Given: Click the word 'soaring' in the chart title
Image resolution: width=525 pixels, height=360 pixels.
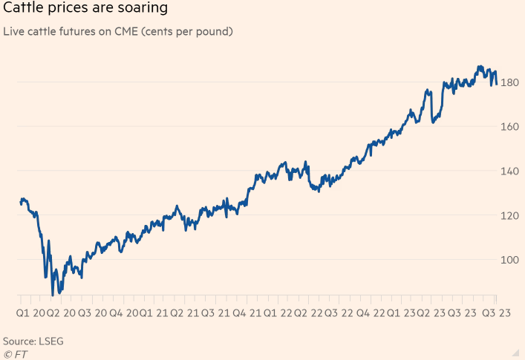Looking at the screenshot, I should pos(142,9).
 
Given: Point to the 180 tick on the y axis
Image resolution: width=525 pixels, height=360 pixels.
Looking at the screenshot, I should pos(509,82).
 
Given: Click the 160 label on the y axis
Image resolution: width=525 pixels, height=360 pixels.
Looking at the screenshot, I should pos(509,127).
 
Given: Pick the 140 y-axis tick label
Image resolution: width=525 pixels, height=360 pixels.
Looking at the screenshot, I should pos(509,171).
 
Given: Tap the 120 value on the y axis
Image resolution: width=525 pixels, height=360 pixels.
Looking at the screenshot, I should pos(509,216).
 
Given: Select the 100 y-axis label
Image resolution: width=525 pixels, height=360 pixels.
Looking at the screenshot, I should pos(509,261).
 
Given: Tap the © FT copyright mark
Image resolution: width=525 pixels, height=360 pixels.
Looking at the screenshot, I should pos(14,353).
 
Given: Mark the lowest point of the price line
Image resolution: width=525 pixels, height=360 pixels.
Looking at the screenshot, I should pos(53,295).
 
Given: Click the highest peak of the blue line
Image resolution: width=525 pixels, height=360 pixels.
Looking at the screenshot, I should pos(480,67).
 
